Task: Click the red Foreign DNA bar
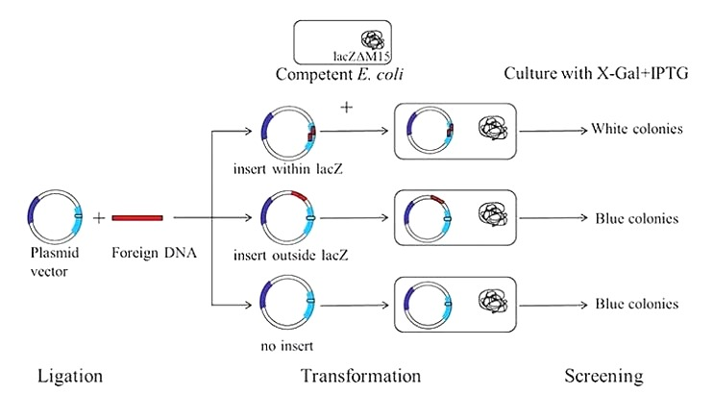click(x=137, y=218)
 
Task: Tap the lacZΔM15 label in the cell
click(x=361, y=57)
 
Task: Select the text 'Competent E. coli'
click(x=339, y=74)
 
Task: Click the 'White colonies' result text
click(x=636, y=129)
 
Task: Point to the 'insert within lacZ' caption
click(x=288, y=169)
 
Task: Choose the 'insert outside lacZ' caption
click(x=290, y=256)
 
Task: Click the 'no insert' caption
click(x=287, y=346)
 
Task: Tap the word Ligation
click(x=70, y=377)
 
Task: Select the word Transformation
click(x=360, y=376)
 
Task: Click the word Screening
click(x=603, y=377)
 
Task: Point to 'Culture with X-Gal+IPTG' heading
click(x=596, y=73)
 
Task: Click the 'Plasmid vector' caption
click(x=55, y=261)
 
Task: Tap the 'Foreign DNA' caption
click(x=154, y=253)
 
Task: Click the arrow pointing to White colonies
click(x=553, y=131)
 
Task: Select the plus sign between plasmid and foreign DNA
click(x=99, y=218)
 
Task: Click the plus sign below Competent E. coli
click(x=347, y=108)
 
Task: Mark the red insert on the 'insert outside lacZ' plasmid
click(x=299, y=195)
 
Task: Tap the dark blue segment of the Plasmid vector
click(x=34, y=211)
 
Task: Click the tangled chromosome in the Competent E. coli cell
click(x=373, y=40)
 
